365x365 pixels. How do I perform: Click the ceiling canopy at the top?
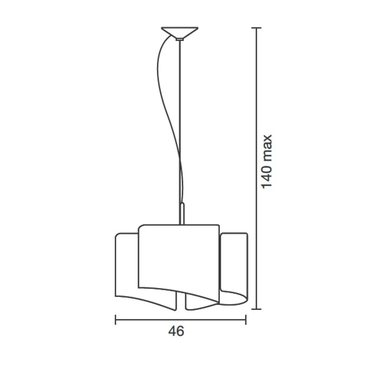[180, 32]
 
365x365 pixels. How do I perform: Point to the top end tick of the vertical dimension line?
[256, 28]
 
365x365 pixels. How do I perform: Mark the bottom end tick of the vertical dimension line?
[256, 309]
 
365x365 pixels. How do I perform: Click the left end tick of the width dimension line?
[115, 320]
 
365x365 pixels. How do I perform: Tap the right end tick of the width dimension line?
[246, 320]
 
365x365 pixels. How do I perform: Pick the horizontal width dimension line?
[180, 320]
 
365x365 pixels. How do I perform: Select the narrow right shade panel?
[234, 262]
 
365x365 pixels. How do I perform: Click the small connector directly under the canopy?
[180, 39]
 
